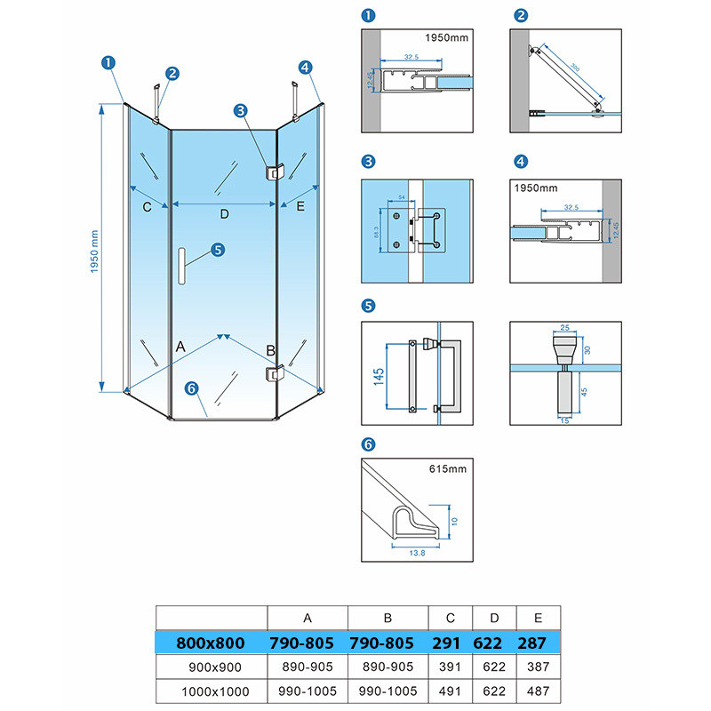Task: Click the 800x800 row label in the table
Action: [x=212, y=641]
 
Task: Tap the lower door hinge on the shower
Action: [x=273, y=375]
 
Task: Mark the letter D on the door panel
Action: [x=224, y=214]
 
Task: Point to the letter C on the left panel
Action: [x=148, y=207]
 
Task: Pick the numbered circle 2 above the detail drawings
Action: [x=521, y=15]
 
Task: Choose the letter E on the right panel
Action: [x=300, y=207]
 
